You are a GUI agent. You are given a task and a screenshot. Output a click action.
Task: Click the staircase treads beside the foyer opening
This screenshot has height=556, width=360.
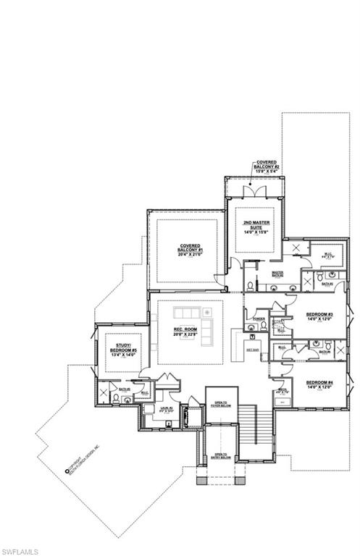tap(248, 424)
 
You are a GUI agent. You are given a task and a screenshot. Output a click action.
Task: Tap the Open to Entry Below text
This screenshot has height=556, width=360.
tap(217, 457)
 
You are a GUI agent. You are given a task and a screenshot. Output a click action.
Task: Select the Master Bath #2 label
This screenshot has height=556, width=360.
tap(277, 274)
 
